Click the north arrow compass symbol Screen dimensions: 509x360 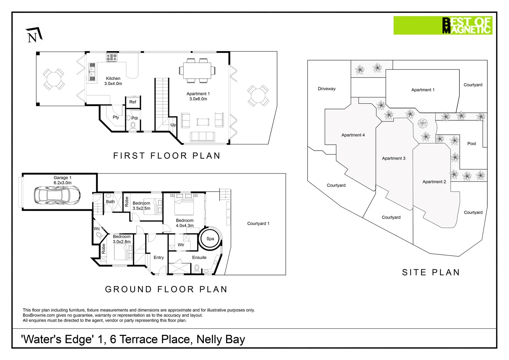(34, 35)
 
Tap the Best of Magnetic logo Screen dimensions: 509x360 (443, 25)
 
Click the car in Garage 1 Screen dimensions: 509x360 (57, 195)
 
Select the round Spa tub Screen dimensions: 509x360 (210, 239)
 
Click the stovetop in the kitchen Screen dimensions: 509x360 (112, 57)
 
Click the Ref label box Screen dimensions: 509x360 (133, 102)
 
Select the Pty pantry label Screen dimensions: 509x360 (116, 117)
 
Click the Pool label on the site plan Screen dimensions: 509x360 (471, 143)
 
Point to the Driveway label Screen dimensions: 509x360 (326, 89)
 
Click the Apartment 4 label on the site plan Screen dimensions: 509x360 (353, 135)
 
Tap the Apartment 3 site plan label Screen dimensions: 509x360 (393, 158)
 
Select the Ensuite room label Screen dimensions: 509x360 (199, 257)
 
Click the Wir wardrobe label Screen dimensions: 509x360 (181, 245)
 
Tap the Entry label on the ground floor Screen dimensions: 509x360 (159, 257)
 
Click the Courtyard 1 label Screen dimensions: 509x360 (258, 224)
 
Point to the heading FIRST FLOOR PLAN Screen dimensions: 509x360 (167, 156)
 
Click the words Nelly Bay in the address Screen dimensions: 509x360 (221, 339)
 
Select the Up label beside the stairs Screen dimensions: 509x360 (173, 125)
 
